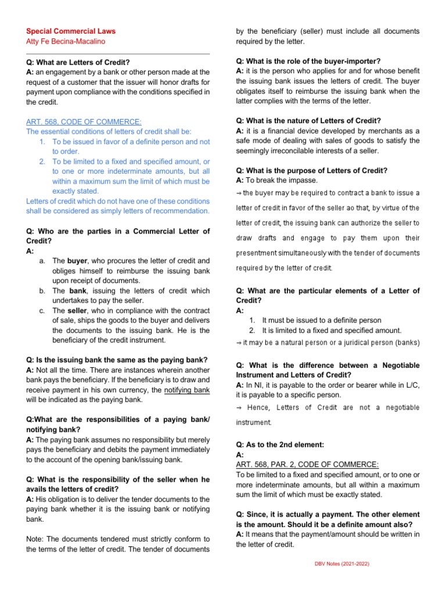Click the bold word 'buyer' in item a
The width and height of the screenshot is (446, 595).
pos(77,261)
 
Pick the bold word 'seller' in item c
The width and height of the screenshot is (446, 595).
pos(78,310)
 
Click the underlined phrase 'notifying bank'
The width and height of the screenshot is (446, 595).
pos(186,390)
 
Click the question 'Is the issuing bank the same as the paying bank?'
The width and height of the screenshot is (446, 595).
pos(117,360)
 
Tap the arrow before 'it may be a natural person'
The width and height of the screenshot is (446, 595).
pos(239,343)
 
